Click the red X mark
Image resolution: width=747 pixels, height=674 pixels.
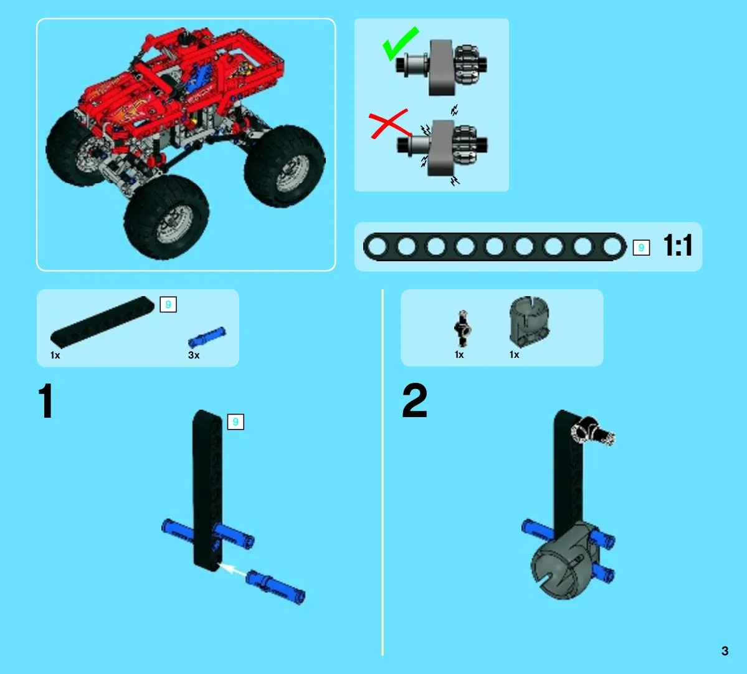[388, 124]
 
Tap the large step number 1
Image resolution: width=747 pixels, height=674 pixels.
[45, 401]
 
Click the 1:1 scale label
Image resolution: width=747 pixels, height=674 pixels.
[677, 246]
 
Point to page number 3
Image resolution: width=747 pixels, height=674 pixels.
[725, 651]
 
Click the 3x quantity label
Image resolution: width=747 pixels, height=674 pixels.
[194, 355]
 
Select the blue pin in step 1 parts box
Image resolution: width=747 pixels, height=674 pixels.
[207, 337]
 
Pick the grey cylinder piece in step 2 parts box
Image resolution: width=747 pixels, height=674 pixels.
[530, 321]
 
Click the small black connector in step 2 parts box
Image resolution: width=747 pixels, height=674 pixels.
[462, 329]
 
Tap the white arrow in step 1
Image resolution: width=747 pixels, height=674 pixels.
[232, 569]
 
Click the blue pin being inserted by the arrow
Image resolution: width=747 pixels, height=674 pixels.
[275, 587]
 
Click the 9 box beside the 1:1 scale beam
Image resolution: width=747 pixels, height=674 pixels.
[641, 248]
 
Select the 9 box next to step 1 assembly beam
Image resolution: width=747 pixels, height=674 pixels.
[236, 422]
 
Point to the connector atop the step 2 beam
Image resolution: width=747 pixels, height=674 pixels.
[592, 431]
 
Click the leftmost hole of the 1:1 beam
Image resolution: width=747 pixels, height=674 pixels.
[378, 246]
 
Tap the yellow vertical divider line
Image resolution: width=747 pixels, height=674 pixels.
[383, 472]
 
